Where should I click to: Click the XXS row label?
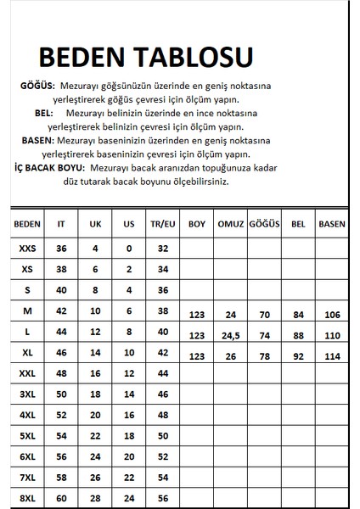click(x=28, y=248)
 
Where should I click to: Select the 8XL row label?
click(x=28, y=497)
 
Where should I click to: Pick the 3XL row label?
click(x=28, y=394)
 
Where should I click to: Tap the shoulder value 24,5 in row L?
click(x=231, y=335)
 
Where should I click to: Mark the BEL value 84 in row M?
click(x=297, y=315)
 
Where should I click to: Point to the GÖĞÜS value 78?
click(x=264, y=355)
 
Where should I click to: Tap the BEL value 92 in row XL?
click(x=297, y=355)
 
